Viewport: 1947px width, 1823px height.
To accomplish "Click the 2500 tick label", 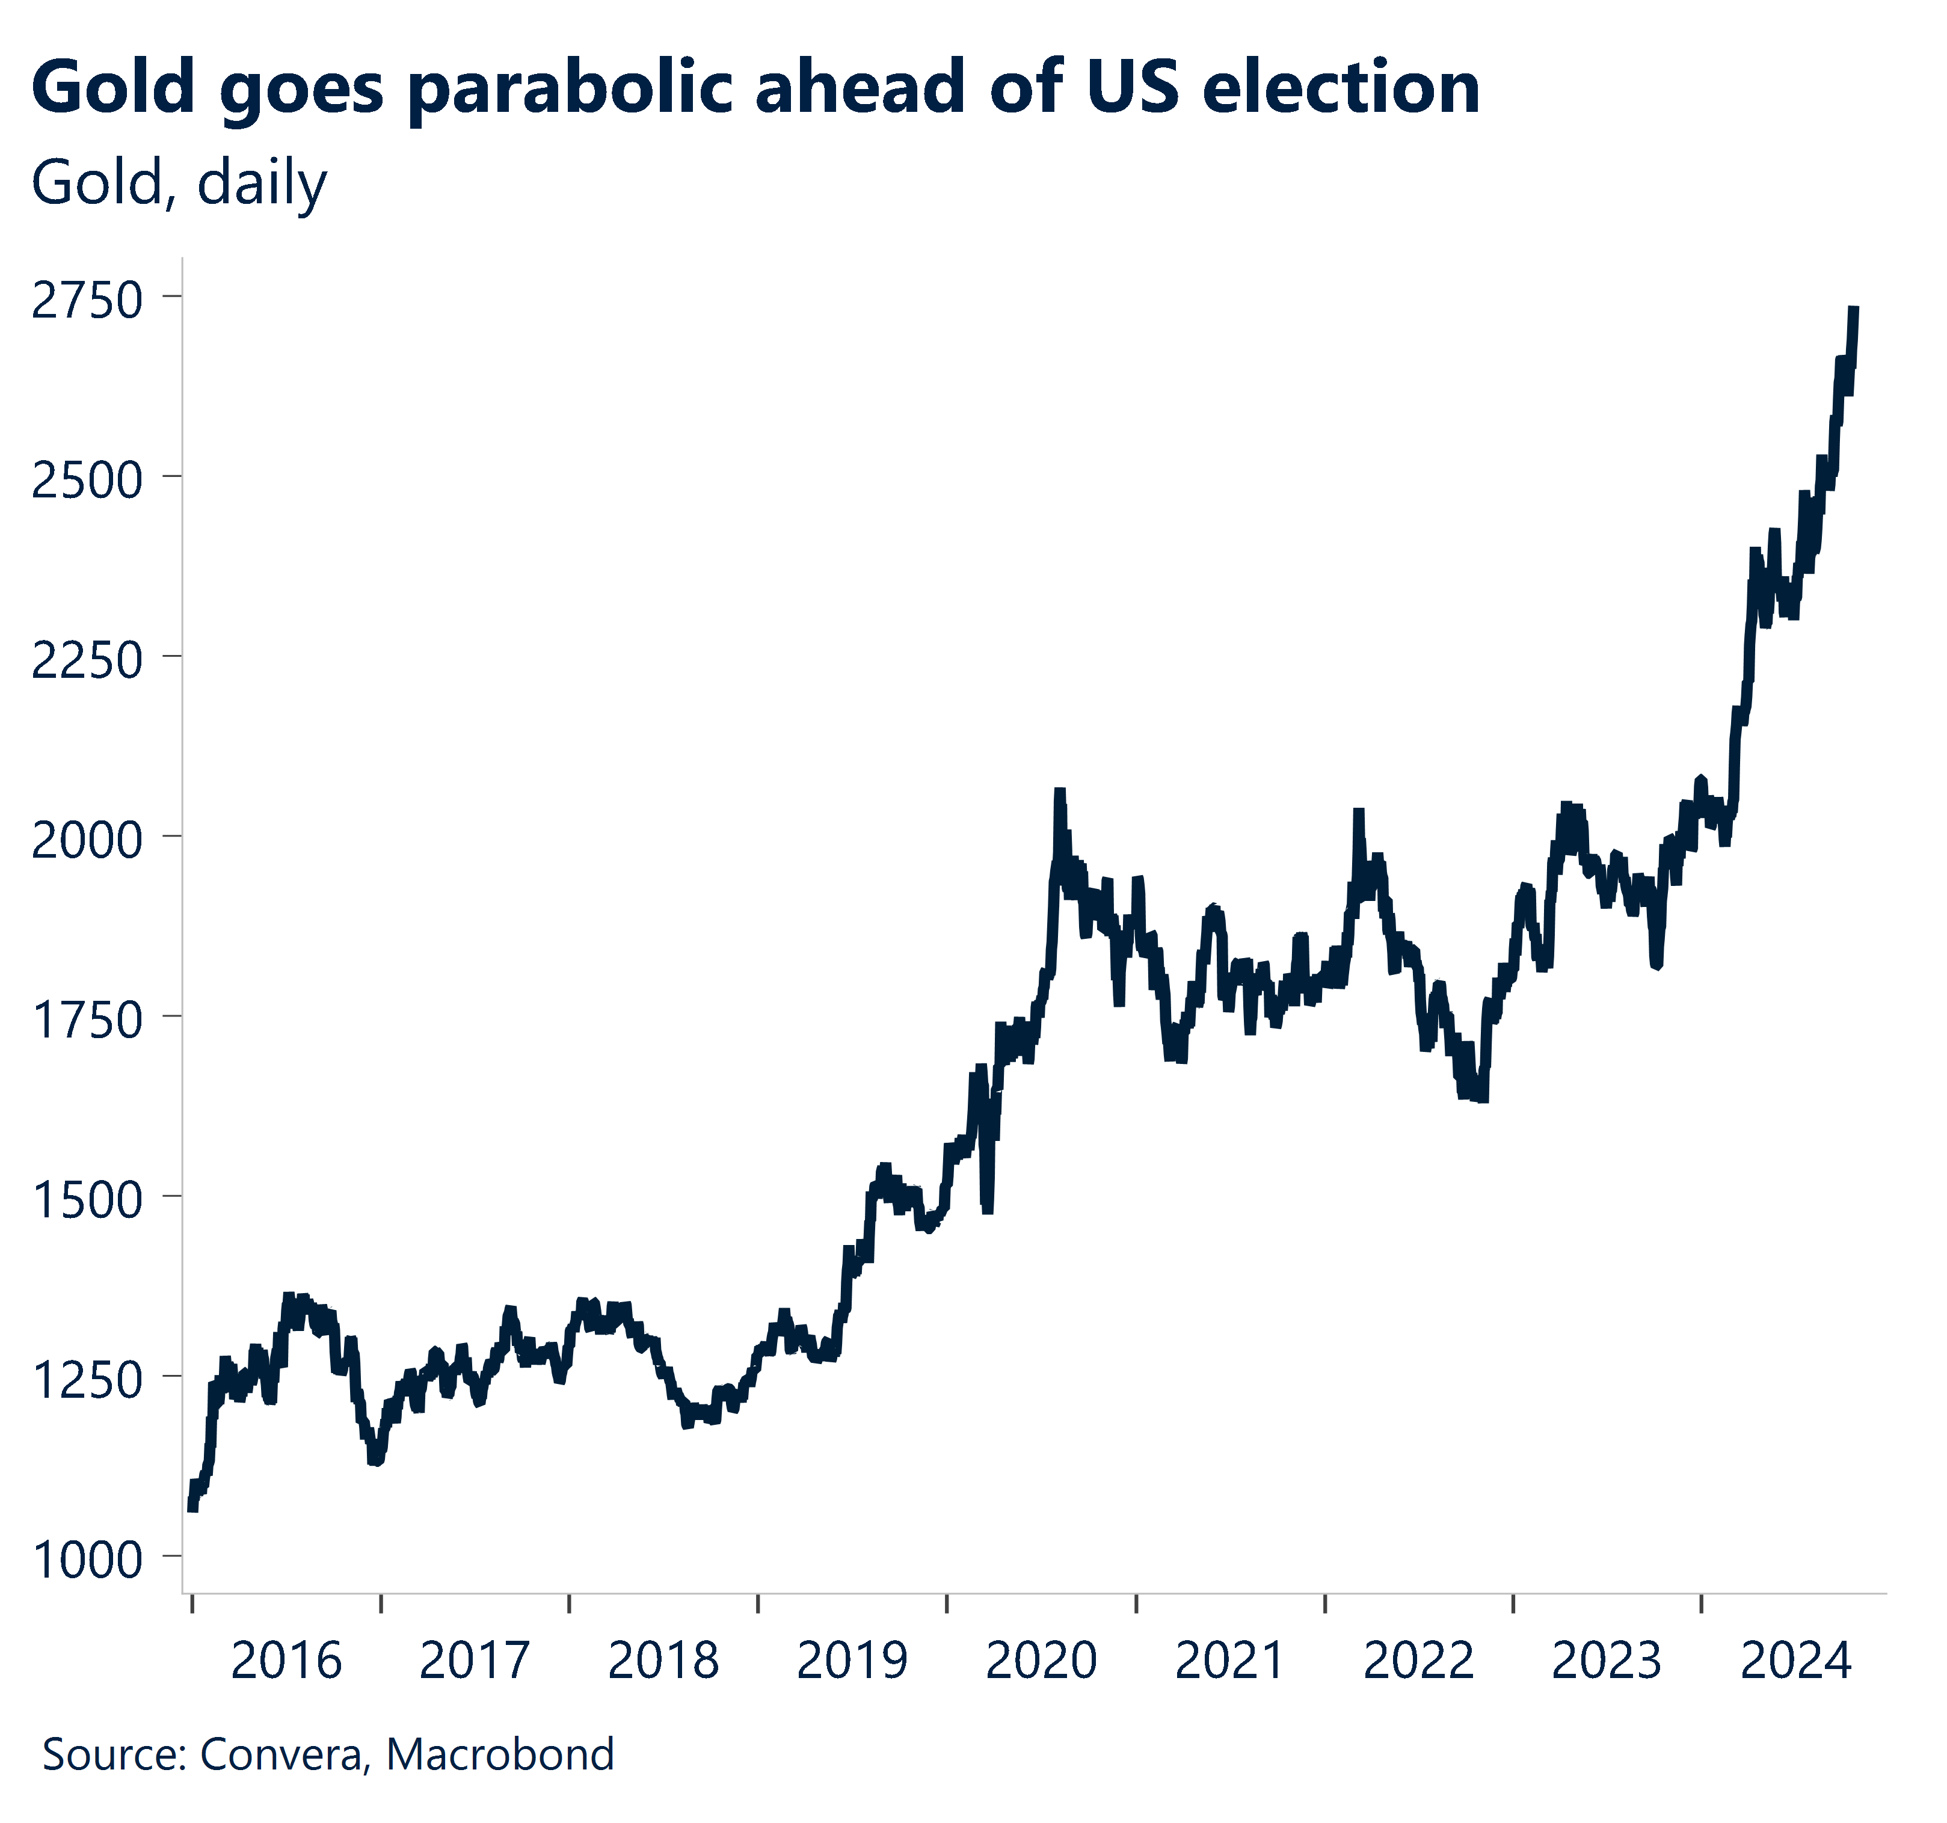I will (x=88, y=480).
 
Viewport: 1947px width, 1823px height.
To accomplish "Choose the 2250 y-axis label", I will (x=88, y=660).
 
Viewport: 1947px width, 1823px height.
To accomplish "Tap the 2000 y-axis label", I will (x=88, y=840).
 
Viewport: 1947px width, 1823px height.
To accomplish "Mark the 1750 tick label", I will (x=88, y=1019).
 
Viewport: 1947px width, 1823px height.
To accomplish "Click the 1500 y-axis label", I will (x=88, y=1200).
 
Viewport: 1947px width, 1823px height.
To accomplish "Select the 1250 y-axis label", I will (x=88, y=1379).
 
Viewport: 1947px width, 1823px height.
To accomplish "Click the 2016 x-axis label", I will (x=285, y=1661).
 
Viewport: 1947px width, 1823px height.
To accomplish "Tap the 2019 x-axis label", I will (x=852, y=1661).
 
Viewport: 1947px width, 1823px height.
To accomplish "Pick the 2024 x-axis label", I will (x=1795, y=1661).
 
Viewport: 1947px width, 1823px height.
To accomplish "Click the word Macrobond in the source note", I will (x=499, y=1753).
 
